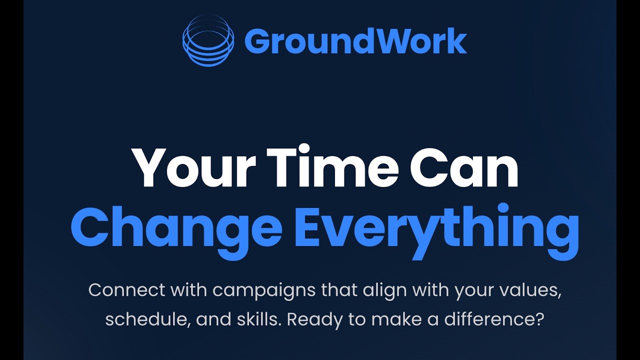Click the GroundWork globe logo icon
208,40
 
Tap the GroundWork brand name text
355,41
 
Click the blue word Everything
436,229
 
